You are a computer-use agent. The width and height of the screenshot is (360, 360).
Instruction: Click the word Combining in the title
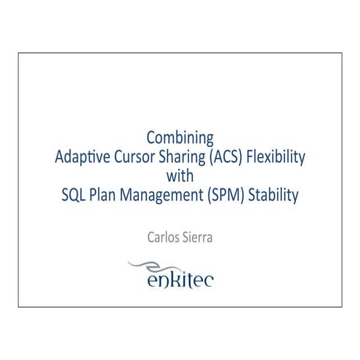coord(180,137)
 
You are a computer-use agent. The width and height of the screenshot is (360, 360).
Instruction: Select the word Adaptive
coord(82,156)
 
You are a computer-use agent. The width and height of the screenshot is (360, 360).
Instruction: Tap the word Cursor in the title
coord(135,156)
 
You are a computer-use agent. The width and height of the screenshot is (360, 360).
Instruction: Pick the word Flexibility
coord(277,156)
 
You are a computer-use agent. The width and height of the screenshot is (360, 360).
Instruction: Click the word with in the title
coord(180,175)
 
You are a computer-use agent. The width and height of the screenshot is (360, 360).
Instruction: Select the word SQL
coord(73,195)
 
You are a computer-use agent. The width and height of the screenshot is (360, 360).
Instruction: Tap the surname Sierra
coord(197,237)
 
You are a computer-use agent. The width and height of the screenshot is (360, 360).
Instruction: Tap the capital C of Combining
coord(151,137)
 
